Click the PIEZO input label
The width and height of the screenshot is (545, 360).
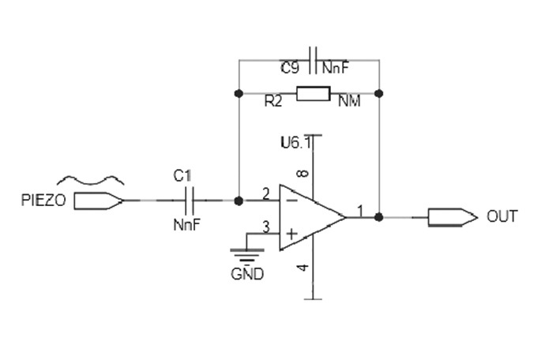click(43, 201)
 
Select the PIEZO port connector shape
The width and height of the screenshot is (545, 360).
click(99, 201)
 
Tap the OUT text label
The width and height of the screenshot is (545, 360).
click(502, 216)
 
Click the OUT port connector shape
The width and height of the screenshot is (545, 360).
click(453, 217)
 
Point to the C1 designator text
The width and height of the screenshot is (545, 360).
click(182, 176)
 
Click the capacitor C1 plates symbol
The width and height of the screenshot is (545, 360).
click(190, 201)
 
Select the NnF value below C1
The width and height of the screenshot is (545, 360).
click(187, 225)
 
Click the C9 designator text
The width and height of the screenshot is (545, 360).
click(290, 68)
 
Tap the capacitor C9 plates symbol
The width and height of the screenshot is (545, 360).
click(313, 60)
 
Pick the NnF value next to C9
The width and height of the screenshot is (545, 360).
click(335, 68)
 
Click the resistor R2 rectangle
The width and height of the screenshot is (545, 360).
click(313, 94)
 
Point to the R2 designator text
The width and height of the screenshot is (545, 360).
click(273, 101)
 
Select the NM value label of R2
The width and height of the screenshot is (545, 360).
click(349, 101)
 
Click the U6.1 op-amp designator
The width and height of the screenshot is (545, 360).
click(296, 142)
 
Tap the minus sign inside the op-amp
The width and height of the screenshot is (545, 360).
click(293, 201)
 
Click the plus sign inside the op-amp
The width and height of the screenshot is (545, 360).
click(291, 234)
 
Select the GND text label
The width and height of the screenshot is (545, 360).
click(247, 274)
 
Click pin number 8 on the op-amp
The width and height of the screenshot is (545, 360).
click(303, 174)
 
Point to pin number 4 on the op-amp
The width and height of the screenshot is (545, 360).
click(303, 268)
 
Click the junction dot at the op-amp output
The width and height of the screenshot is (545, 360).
click(379, 217)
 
